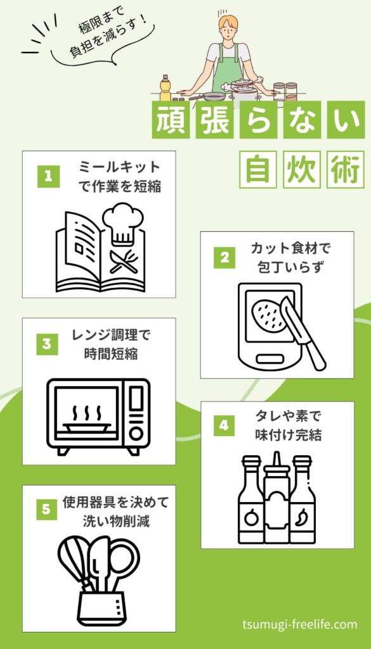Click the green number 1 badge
coord(48,177)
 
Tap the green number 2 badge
coord(225,257)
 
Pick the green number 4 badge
coord(225,425)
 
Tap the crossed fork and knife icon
coord(124,261)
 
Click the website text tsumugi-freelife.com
coord(300,624)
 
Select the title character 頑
coord(171,119)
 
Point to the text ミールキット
coord(119,167)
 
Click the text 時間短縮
coord(110,355)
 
